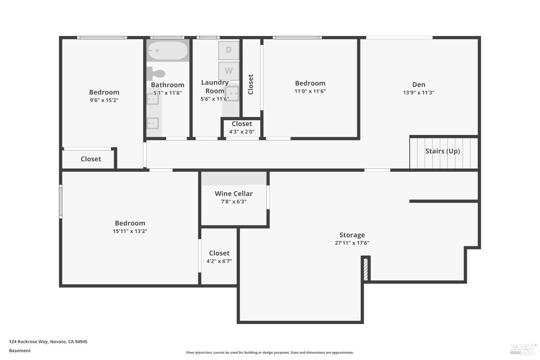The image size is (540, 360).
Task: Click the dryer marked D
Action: point(229,50)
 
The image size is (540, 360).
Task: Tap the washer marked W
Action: point(229,71)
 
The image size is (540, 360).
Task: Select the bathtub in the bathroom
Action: point(168,50)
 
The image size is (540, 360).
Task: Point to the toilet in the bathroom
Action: point(156,74)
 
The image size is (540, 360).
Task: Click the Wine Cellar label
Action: point(234,194)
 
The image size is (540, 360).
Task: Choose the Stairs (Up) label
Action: point(442,151)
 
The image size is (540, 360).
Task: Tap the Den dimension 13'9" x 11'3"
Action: point(419,93)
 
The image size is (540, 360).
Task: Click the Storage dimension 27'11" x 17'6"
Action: point(352,243)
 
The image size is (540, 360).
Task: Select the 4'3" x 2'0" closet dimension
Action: point(242,132)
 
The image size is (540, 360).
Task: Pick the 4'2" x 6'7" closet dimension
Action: point(219,261)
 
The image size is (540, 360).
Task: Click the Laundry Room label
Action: point(215,87)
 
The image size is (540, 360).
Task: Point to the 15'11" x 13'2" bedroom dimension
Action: point(130,231)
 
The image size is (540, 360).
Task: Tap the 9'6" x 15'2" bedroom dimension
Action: point(104,100)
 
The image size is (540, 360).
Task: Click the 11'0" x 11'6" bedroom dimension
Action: point(310,91)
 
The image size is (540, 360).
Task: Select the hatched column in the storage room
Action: point(366,269)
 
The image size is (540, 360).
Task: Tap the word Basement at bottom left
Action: point(20,351)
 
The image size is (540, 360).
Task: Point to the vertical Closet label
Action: point(251,84)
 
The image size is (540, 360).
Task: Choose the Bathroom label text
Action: point(167,85)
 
